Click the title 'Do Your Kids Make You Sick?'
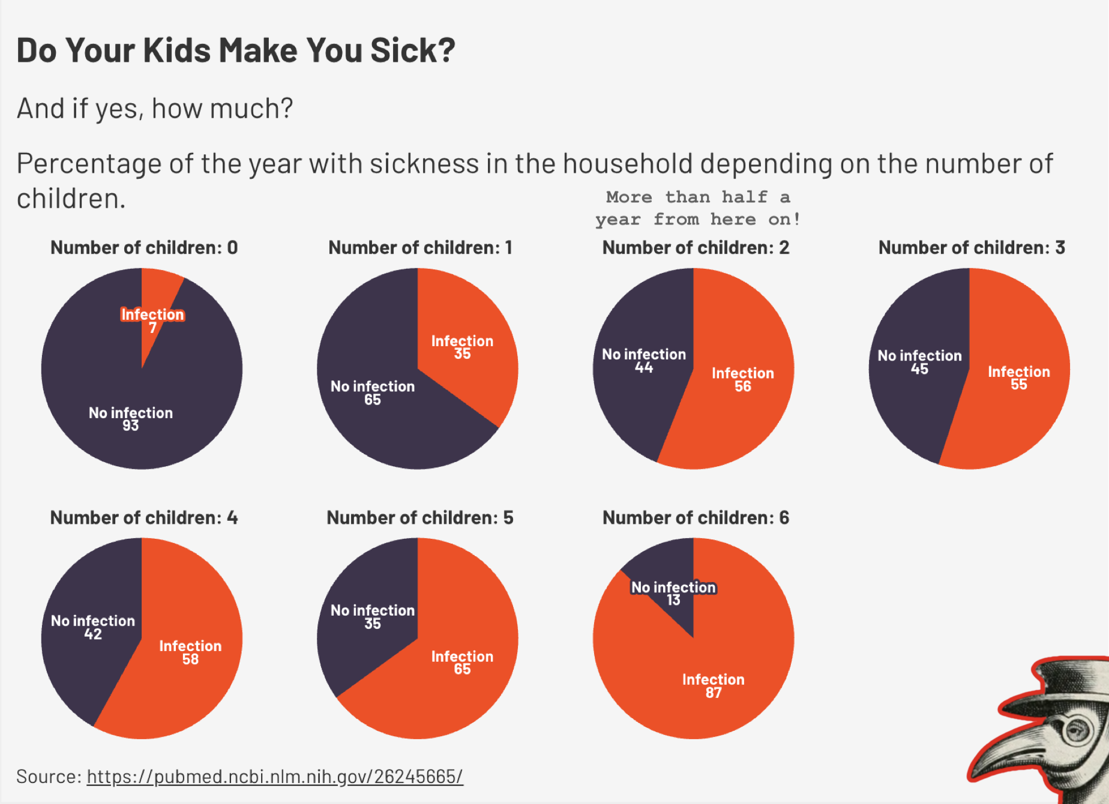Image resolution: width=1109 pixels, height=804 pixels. tap(236, 50)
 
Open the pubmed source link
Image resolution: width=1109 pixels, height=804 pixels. tap(275, 776)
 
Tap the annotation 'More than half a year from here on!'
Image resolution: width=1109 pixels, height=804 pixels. tap(697, 208)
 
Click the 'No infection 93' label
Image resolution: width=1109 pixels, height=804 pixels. tap(131, 419)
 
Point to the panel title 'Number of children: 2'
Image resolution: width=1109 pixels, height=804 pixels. tap(696, 247)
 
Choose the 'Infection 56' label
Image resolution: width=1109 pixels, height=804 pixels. tap(743, 379)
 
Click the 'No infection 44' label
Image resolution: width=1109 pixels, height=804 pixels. tap(644, 361)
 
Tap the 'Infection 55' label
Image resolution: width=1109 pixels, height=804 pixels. tap(1019, 378)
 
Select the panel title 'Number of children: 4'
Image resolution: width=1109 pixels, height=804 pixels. tap(144, 517)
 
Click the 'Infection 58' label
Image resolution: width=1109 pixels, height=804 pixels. tap(190, 652)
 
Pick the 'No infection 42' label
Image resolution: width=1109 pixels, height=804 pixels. tap(93, 627)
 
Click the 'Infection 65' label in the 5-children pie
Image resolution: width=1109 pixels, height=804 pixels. tap(462, 662)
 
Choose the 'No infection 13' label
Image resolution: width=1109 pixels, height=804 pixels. tap(673, 593)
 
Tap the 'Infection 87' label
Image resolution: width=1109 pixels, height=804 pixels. tap(714, 686)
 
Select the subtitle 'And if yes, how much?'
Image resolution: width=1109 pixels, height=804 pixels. tap(155, 109)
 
